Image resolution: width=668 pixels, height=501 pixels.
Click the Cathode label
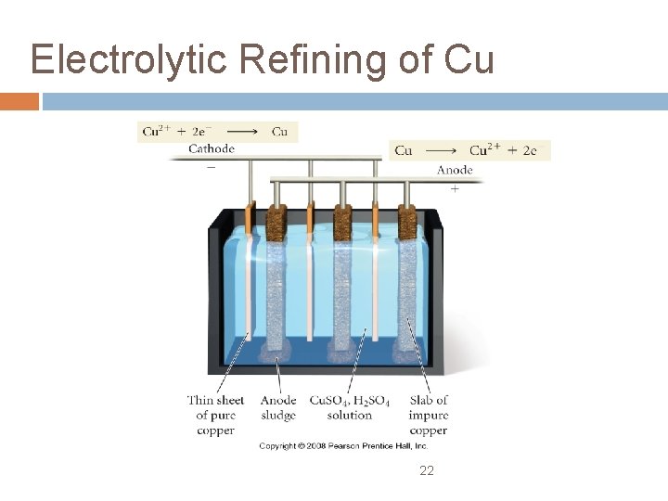click(211, 148)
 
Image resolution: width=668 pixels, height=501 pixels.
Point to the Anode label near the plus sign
click(455, 170)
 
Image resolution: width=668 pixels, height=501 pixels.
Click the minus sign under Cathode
click(211, 167)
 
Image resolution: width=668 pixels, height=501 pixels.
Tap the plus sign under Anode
click(455, 188)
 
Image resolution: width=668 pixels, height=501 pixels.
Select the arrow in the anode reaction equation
click(441, 150)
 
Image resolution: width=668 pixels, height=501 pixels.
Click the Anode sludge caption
click(278, 408)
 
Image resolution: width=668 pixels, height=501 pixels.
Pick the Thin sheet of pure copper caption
click(215, 416)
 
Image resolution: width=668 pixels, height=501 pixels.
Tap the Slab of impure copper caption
click(428, 416)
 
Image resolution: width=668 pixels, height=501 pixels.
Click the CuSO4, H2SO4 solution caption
click(350, 408)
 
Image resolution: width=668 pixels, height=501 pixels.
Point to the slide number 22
click(427, 470)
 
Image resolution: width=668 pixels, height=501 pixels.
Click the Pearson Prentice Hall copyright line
click(343, 446)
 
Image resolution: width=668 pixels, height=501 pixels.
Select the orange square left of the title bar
click(19, 101)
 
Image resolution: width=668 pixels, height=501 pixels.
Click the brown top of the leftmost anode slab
click(277, 223)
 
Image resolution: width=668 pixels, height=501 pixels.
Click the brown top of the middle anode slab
click(342, 222)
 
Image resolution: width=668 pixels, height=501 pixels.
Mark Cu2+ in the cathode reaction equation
click(155, 131)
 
